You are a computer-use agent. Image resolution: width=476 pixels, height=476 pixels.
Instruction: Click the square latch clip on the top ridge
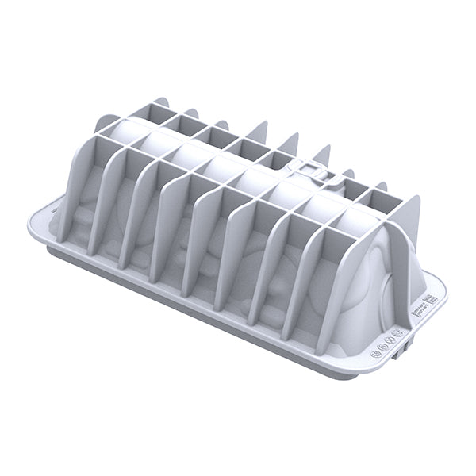tap(312, 170)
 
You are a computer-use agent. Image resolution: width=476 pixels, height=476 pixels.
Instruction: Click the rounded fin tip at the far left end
tap(104, 123)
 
